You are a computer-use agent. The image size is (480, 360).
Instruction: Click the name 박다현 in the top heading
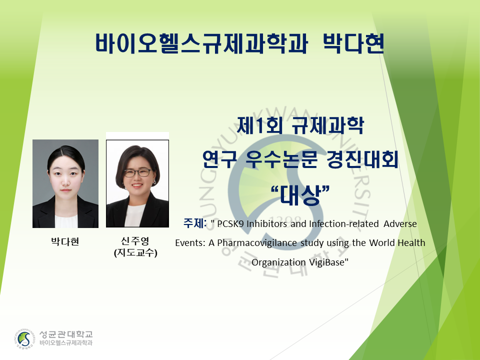coord(353,43)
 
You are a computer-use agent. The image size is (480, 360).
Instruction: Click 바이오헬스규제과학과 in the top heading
coord(201,43)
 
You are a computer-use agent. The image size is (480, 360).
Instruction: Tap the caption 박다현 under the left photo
coord(65,241)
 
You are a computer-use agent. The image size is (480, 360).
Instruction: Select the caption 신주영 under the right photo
coord(135,241)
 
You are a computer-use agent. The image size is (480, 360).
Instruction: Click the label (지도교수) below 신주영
coord(135,253)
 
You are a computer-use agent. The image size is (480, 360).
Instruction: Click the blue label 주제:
coord(195,223)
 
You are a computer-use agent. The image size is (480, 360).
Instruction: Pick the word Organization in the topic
coord(278,262)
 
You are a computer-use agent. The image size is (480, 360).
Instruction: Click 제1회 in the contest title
coord(259,125)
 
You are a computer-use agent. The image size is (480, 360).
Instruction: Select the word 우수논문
coord(281,159)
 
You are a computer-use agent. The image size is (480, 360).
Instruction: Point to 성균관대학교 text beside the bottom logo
coord(66,334)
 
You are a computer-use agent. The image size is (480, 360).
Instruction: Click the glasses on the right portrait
coord(137,172)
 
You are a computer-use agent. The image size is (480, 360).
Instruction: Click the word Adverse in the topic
coord(400,224)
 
